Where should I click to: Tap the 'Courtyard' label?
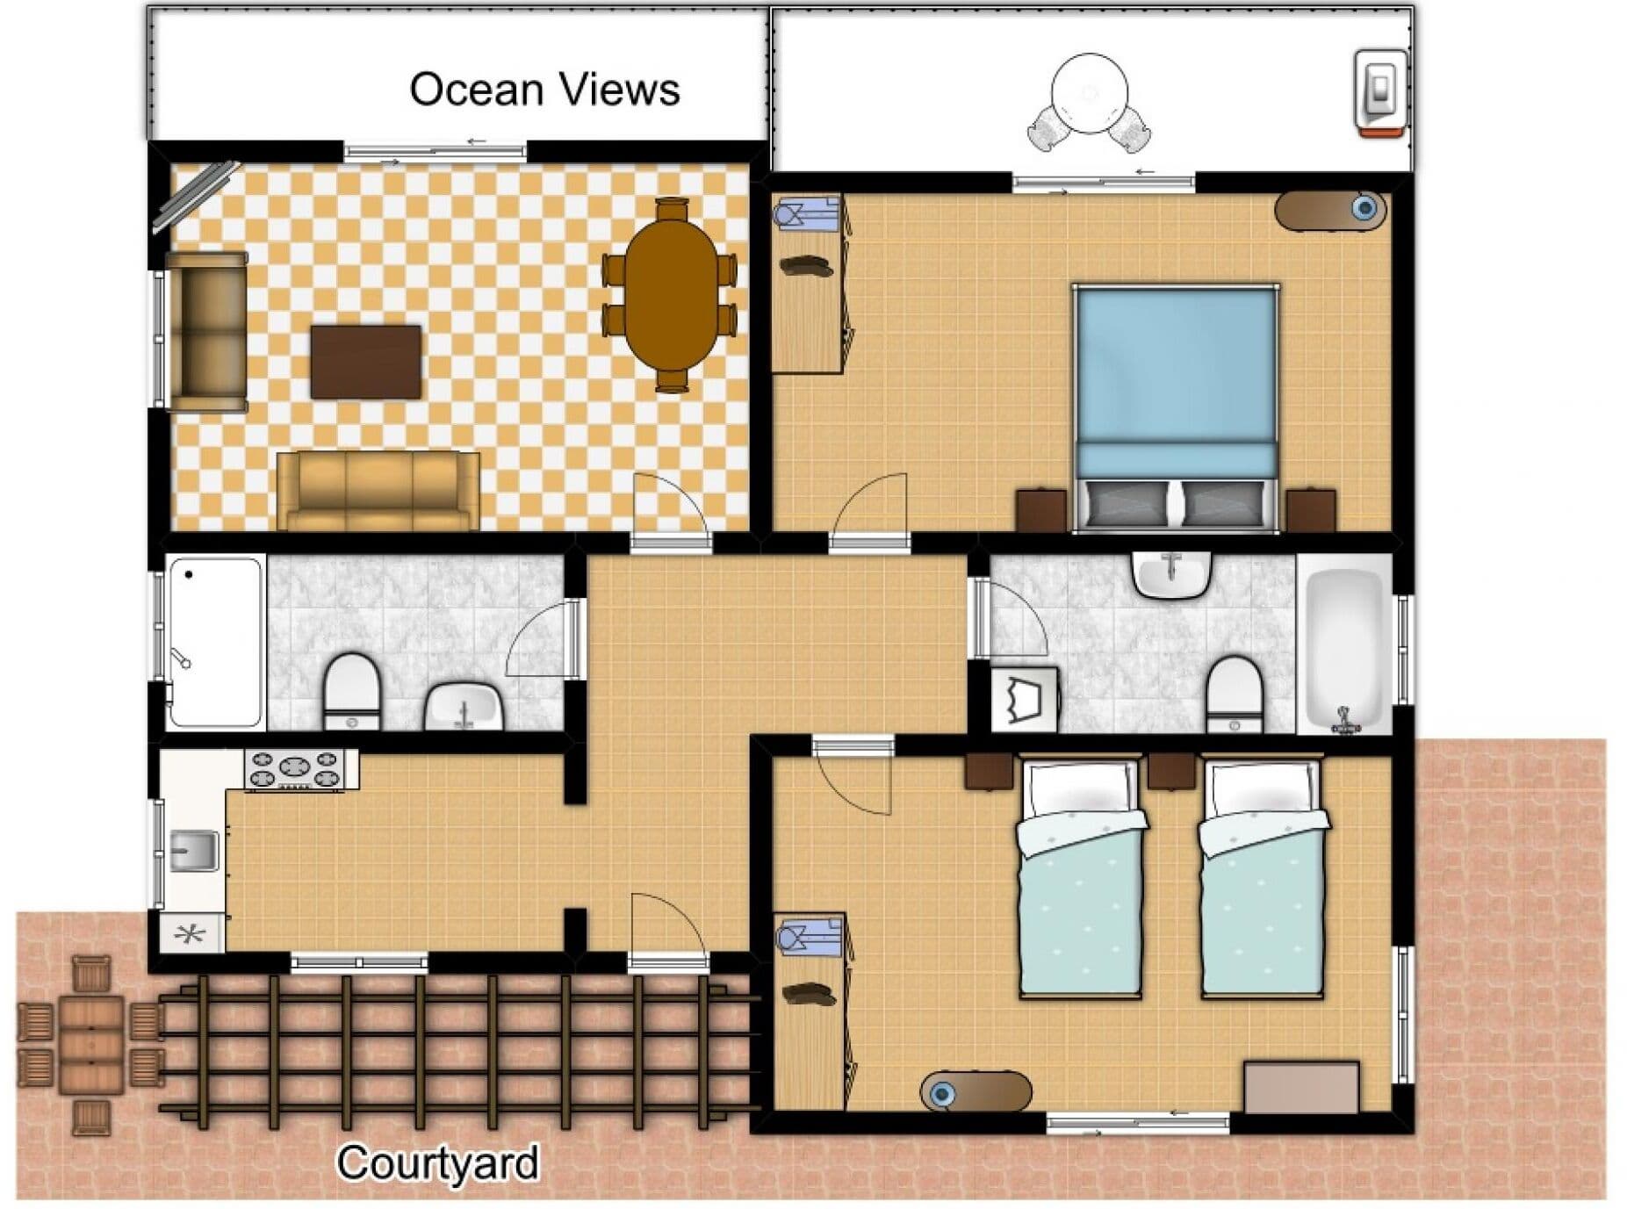(x=438, y=1163)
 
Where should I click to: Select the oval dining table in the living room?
(x=669, y=293)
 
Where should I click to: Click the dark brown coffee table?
(x=365, y=362)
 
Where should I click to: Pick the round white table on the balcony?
(x=1089, y=94)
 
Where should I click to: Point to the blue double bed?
(x=1177, y=407)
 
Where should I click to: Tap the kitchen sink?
(x=193, y=850)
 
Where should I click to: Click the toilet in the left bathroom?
(x=352, y=691)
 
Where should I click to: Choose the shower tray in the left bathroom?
(x=215, y=642)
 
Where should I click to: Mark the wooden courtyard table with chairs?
(x=90, y=1044)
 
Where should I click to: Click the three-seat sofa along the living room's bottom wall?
(x=378, y=492)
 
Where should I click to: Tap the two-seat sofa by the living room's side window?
(x=207, y=332)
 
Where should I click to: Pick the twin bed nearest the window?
(x=1262, y=879)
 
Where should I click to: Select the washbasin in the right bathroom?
(x=1172, y=575)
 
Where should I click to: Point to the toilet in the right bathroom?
(x=1235, y=695)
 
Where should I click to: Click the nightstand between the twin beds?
(x=1171, y=770)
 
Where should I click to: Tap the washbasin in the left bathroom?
(x=464, y=706)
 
